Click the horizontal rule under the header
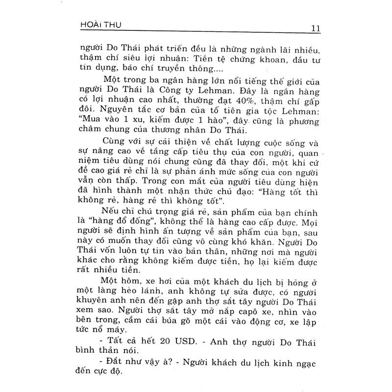(x=196, y=34)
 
